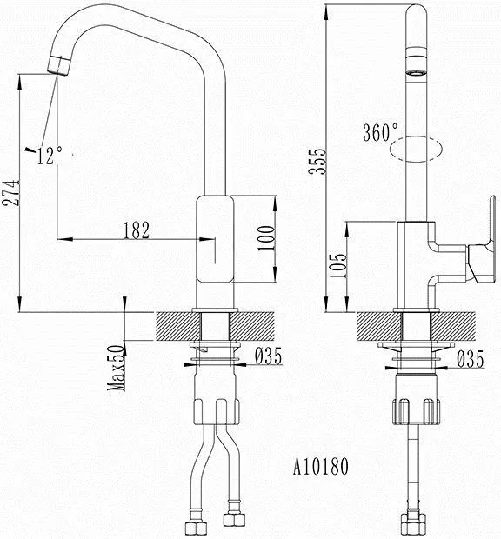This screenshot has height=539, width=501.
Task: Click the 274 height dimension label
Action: click(x=11, y=192)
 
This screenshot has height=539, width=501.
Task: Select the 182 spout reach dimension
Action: click(x=137, y=230)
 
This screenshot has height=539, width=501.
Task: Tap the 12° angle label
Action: click(x=50, y=155)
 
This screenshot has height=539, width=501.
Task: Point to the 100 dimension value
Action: click(x=267, y=238)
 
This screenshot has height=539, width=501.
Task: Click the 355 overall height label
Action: click(x=317, y=162)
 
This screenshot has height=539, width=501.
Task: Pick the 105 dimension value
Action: click(x=337, y=266)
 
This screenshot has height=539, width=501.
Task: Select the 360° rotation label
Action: click(x=380, y=131)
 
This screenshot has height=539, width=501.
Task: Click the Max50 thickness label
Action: click(x=116, y=368)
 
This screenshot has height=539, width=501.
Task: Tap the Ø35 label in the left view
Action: click(x=268, y=356)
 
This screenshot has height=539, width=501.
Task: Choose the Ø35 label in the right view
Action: click(x=470, y=359)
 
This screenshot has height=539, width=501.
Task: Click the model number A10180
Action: click(x=320, y=467)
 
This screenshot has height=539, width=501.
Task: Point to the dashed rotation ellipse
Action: click(x=416, y=149)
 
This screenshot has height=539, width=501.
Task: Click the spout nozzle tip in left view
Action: click(x=59, y=65)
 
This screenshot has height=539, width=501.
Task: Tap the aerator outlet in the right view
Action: click(x=416, y=72)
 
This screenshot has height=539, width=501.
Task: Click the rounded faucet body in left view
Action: click(x=215, y=240)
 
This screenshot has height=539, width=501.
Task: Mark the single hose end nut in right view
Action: click(x=414, y=525)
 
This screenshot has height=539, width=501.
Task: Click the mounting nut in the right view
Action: click(x=416, y=411)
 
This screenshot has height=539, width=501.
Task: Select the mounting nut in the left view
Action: click(x=217, y=411)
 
